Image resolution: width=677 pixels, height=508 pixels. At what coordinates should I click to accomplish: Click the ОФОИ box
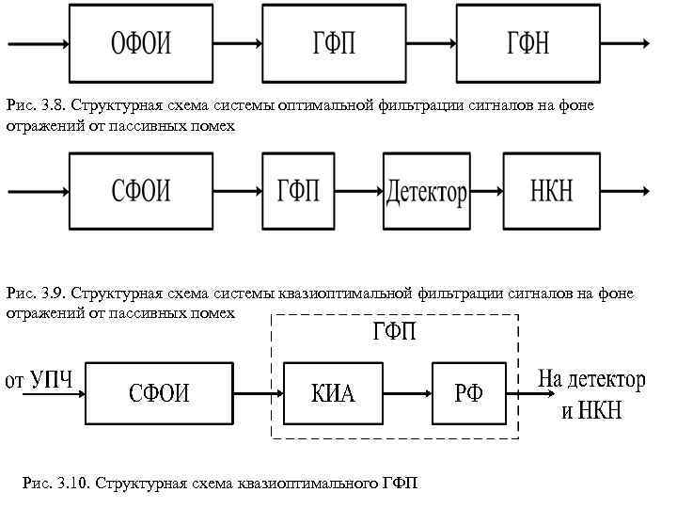coord(142,44)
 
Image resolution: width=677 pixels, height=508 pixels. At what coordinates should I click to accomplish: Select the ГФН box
coord(527,44)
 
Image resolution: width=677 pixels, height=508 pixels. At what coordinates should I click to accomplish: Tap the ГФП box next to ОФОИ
coord(334,44)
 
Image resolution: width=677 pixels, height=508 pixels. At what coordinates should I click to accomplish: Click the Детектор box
coord(426,192)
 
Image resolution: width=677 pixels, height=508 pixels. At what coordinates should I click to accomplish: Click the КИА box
coord(333,392)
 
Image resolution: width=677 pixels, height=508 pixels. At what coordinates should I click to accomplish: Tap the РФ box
coord(467,392)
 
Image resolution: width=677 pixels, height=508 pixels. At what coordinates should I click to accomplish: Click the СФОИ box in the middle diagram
coord(142,192)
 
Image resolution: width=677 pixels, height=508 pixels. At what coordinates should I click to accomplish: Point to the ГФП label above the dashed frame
coord(395,333)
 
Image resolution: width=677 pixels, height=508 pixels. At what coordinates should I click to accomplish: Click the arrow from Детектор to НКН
coord(485,192)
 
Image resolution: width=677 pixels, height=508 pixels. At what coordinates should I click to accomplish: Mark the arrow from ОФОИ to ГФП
coord(240,44)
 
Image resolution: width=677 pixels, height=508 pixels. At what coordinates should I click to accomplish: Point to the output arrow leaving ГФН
coord(623,44)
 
